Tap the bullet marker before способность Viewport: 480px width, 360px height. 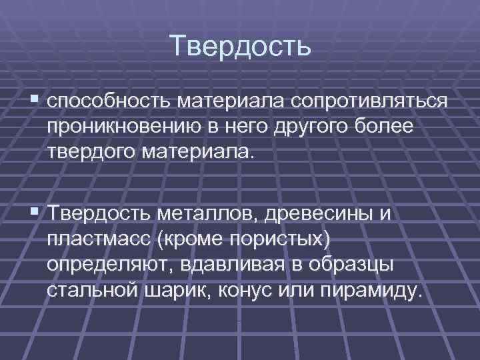(35, 101)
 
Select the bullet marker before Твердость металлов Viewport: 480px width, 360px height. (35, 213)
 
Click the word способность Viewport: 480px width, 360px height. (109, 103)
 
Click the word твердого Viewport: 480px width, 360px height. (91, 152)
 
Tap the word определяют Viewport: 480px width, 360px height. (107, 265)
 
